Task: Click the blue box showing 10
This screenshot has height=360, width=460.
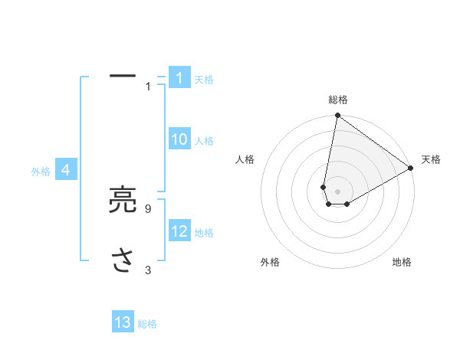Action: click(x=179, y=139)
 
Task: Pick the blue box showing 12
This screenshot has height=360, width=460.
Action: click(x=179, y=231)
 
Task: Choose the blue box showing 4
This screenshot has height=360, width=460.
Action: click(x=66, y=170)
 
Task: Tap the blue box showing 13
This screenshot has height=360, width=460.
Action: click(x=123, y=322)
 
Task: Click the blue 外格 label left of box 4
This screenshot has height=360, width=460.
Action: click(x=41, y=172)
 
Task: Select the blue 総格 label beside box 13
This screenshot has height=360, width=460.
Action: click(x=147, y=324)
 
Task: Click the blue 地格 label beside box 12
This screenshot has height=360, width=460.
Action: click(x=204, y=233)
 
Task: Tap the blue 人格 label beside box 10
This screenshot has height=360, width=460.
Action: click(x=204, y=141)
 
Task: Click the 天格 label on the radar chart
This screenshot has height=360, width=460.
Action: click(x=431, y=159)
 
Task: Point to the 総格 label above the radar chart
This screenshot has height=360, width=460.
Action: click(x=337, y=100)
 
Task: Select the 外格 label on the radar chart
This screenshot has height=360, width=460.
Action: click(x=270, y=262)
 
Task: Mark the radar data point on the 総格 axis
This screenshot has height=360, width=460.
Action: click(x=337, y=116)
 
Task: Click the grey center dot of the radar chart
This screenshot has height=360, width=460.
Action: click(x=337, y=191)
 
